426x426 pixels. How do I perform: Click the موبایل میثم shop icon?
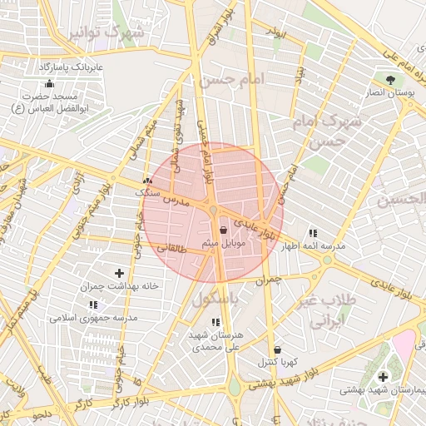[x=222, y=230]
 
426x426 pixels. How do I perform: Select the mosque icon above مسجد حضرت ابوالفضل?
[x=49, y=83]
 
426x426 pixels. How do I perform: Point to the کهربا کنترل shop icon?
[x=276, y=349]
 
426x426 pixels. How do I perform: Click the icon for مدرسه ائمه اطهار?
[x=312, y=234]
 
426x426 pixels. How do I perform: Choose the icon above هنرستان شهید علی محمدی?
[x=215, y=322]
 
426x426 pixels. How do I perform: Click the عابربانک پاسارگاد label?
[x=71, y=65]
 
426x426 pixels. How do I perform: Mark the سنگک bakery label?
[x=148, y=193]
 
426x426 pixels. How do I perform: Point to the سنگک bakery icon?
[x=148, y=181]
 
